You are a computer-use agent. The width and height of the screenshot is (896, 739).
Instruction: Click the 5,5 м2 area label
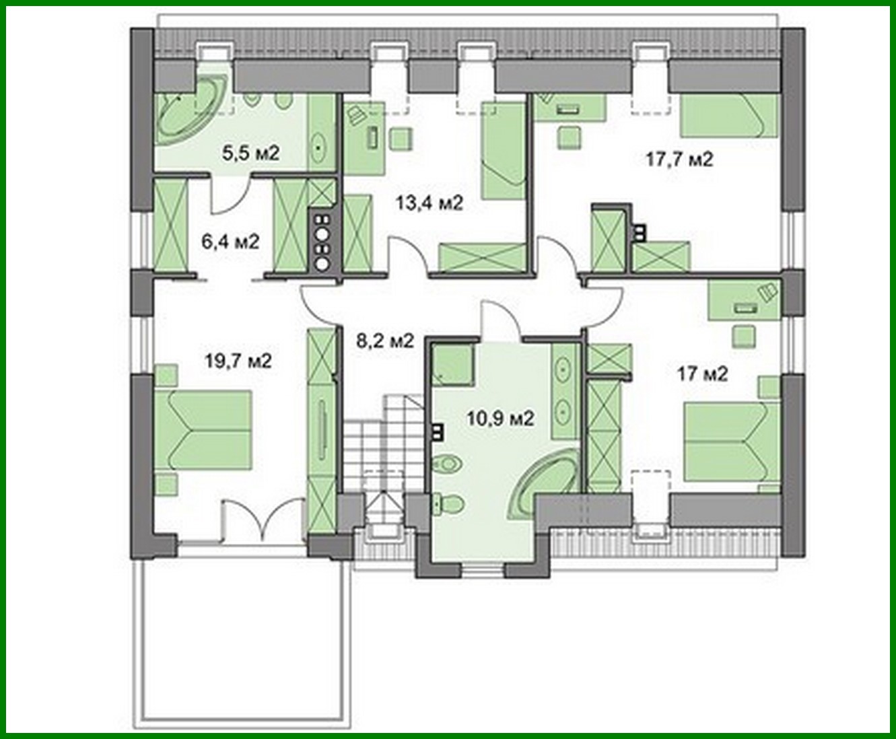click(x=250, y=153)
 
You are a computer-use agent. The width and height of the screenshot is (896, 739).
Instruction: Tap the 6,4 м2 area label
click(x=230, y=240)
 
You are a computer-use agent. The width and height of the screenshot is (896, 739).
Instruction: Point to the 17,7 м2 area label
click(x=679, y=160)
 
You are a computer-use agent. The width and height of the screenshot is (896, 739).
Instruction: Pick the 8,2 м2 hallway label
click(x=384, y=341)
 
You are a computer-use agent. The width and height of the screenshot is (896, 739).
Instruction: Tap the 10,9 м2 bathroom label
click(x=500, y=419)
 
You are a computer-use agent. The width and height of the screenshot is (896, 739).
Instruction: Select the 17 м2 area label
click(x=702, y=374)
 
